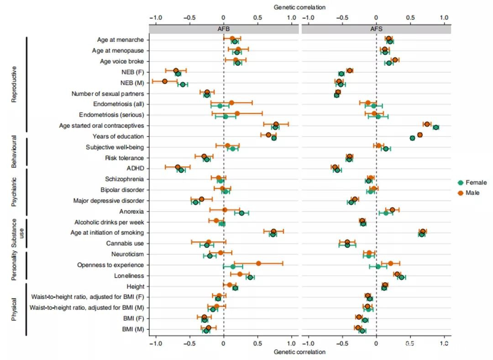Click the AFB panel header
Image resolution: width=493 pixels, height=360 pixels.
point(224,28)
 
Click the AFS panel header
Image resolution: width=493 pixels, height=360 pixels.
point(376,28)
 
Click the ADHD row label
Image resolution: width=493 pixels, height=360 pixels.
point(136,169)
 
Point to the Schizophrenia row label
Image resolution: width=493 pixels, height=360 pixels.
point(124,179)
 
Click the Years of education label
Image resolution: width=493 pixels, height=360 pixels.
point(118,136)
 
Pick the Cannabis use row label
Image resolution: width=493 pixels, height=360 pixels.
point(125,244)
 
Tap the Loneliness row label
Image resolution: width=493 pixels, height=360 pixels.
point(129,276)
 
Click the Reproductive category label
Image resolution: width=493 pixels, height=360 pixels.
point(14,85)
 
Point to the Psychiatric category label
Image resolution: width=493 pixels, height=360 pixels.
point(14,192)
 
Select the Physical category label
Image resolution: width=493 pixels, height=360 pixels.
point(14,309)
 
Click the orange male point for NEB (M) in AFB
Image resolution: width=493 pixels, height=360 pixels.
point(165,81)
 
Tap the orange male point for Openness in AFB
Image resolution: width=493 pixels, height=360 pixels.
point(258,263)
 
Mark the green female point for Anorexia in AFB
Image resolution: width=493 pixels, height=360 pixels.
point(241,213)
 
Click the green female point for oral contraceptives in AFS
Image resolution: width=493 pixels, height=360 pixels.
point(436,127)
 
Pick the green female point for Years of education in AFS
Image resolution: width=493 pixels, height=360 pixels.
point(412,138)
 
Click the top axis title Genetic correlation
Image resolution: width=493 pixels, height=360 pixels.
point(299,7)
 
